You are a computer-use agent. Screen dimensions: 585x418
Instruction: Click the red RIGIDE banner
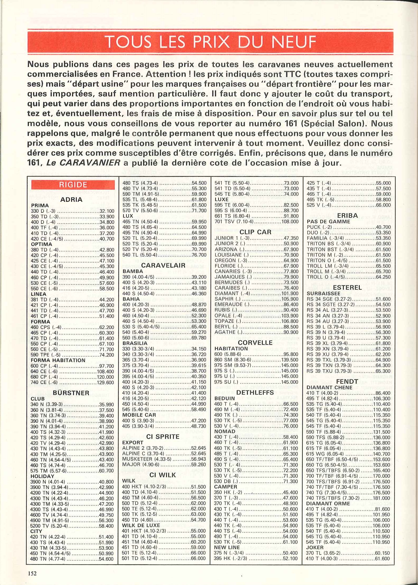point(73,185)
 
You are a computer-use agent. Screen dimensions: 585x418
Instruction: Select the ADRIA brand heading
point(71,199)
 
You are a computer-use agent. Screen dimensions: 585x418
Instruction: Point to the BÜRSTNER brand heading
point(71,393)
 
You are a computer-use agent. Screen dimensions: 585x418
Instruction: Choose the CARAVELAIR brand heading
point(163,266)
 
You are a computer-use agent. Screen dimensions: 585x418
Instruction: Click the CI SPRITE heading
point(163,437)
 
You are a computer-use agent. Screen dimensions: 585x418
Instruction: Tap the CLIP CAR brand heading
point(255,232)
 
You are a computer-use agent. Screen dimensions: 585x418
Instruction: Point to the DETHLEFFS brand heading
point(255,392)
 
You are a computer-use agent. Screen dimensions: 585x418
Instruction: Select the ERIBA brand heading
point(347,216)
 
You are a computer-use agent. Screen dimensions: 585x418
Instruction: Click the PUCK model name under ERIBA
point(314,227)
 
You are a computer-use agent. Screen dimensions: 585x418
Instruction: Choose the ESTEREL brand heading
point(347,288)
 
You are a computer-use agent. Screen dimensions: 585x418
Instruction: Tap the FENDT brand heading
point(347,382)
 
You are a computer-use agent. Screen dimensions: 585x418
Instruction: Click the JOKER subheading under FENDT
point(315,547)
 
